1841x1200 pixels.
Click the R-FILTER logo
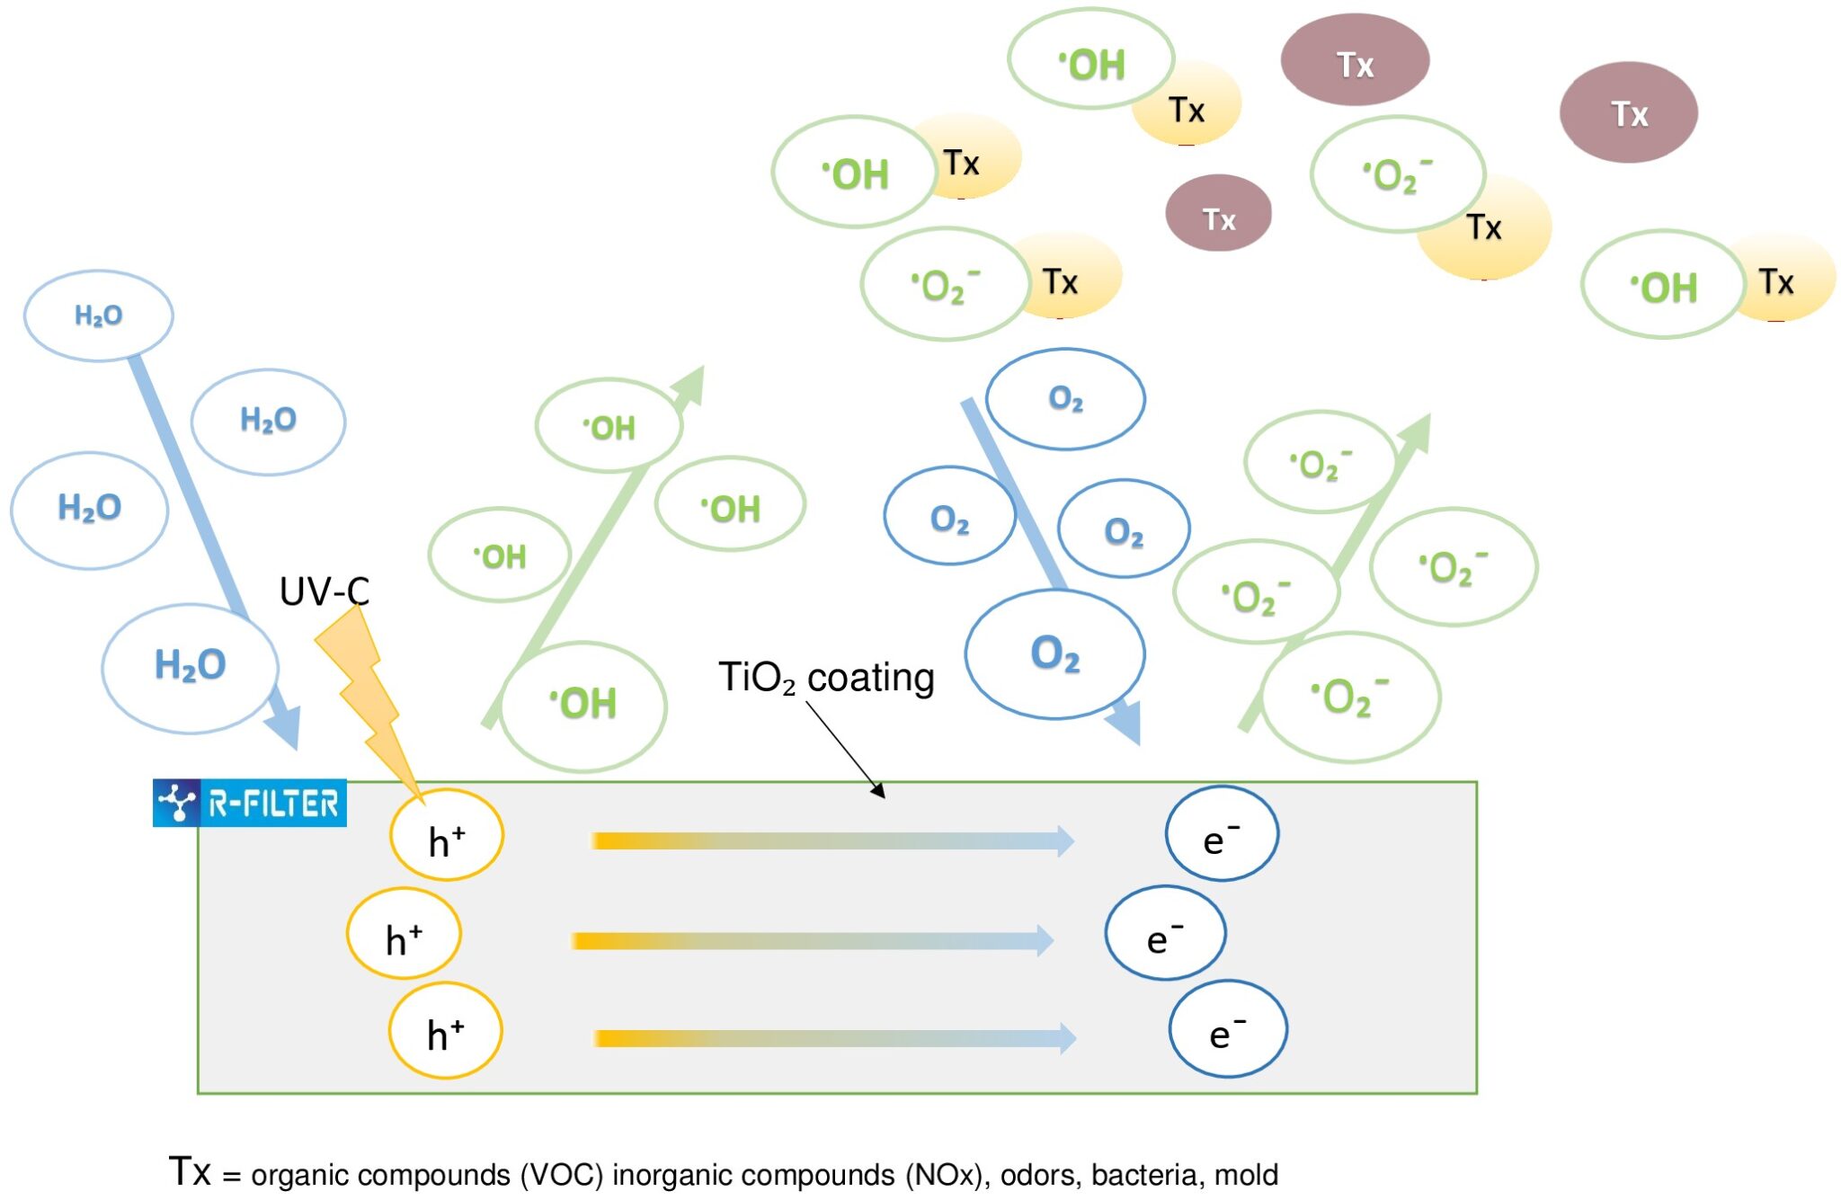tap(250, 803)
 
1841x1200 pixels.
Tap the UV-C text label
tap(324, 591)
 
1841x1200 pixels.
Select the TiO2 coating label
tap(825, 678)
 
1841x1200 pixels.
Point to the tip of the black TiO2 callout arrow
tap(884, 796)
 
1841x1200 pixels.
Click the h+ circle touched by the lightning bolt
tap(447, 836)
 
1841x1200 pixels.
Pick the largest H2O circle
tap(191, 667)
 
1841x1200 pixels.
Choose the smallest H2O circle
tap(99, 316)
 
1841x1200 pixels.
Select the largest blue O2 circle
tap(1055, 653)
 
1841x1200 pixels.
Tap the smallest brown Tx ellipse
tap(1218, 214)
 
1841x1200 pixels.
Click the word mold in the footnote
tap(1246, 1175)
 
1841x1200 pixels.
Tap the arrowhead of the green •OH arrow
tap(691, 382)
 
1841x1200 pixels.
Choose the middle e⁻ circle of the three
tap(1165, 933)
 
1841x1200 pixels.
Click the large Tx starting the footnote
tap(190, 1171)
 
